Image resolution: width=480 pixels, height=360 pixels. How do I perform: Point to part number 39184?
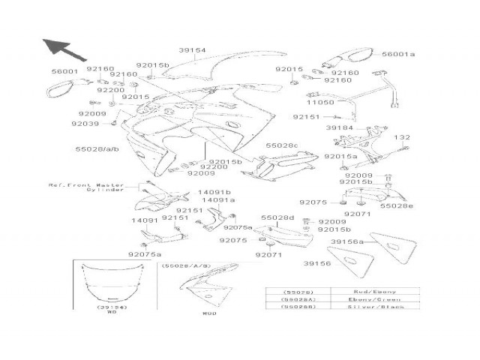[x=340, y=128]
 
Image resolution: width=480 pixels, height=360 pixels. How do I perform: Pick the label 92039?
[x=85, y=123]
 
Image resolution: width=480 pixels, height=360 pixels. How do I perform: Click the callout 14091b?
[x=214, y=192]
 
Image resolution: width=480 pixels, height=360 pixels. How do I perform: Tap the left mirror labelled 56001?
[x=57, y=89]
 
